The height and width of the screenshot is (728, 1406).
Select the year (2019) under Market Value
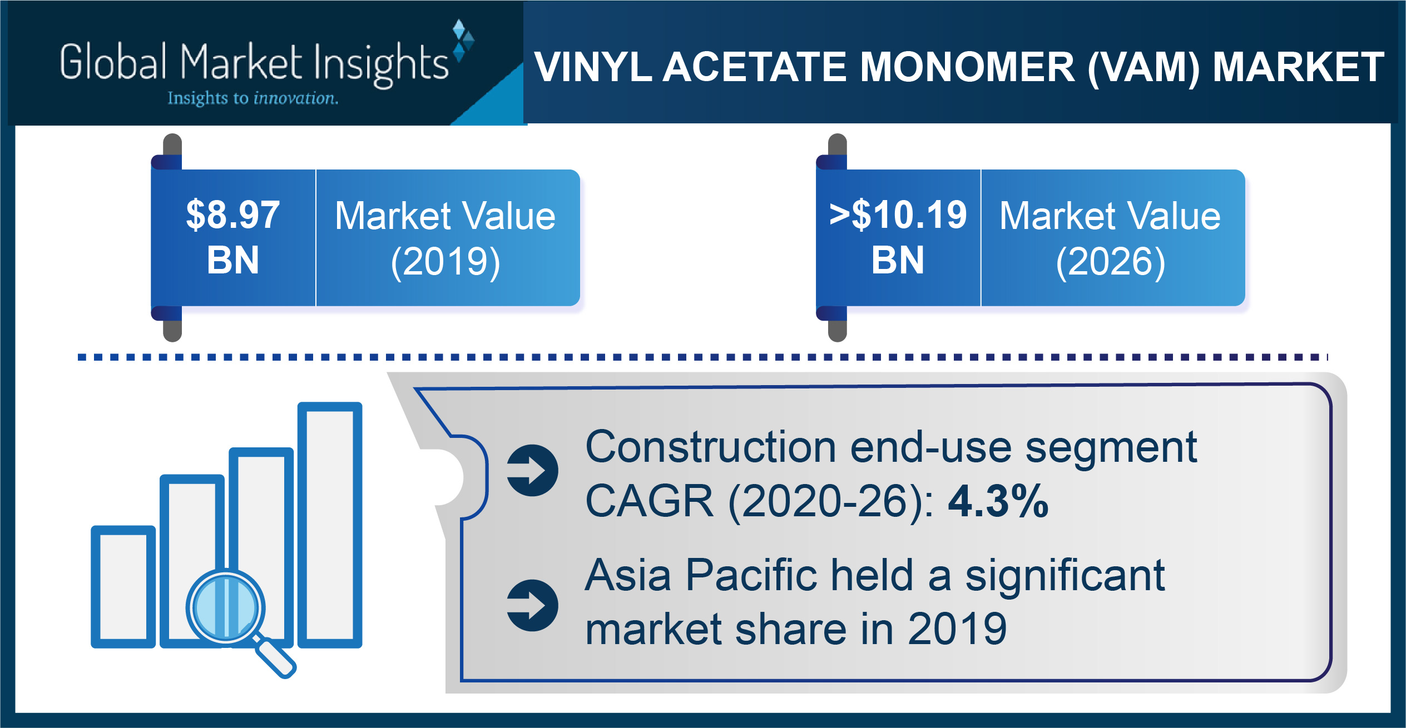[445, 262]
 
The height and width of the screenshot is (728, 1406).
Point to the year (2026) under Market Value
[1111, 262]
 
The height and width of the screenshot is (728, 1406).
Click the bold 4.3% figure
[998, 501]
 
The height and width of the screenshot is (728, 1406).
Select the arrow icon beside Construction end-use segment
[532, 470]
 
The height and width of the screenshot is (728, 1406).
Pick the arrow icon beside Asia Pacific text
[532, 605]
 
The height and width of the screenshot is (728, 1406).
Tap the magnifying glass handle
[275, 657]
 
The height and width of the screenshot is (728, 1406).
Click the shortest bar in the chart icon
[123, 587]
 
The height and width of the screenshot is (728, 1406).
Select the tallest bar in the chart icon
[330, 525]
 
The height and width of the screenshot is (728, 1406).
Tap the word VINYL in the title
[593, 67]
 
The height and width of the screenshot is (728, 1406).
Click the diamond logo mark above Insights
[463, 40]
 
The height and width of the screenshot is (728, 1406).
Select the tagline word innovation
[295, 98]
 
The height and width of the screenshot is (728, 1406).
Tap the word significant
[1065, 576]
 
